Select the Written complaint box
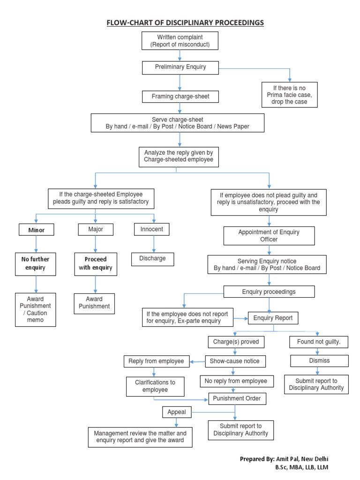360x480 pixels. [x=180, y=41]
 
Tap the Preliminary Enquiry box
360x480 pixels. [x=180, y=67]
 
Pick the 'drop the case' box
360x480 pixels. [x=289, y=95]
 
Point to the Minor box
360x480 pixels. [x=36, y=230]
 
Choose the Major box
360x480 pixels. [x=96, y=229]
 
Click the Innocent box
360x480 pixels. [x=151, y=229]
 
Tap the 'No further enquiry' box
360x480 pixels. [x=36, y=263]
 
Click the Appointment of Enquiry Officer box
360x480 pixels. [x=269, y=236]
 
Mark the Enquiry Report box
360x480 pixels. [x=273, y=318]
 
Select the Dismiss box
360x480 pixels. [x=319, y=360]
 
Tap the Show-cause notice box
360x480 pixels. [x=235, y=361]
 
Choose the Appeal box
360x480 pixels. [x=177, y=412]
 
